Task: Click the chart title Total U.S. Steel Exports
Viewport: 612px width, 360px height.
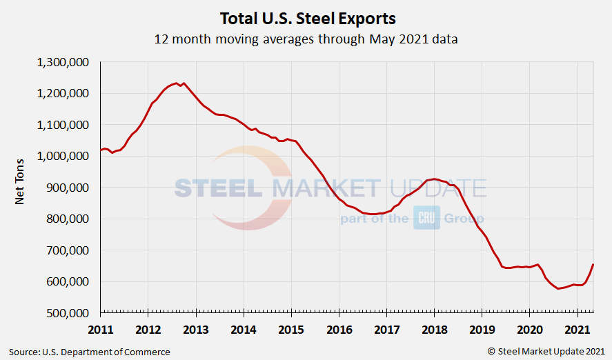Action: click(307, 17)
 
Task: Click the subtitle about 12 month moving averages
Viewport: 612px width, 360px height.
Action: click(306, 39)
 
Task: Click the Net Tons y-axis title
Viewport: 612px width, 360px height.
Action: click(21, 187)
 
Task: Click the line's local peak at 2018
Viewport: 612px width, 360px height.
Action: click(433, 179)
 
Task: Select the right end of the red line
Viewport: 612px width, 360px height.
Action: click(593, 265)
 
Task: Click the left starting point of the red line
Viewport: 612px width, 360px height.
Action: click(101, 150)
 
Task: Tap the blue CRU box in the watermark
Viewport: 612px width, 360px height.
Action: click(426, 218)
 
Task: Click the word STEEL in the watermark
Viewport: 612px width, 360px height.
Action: click(219, 188)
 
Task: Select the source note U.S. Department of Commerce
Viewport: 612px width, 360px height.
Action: click(90, 352)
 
